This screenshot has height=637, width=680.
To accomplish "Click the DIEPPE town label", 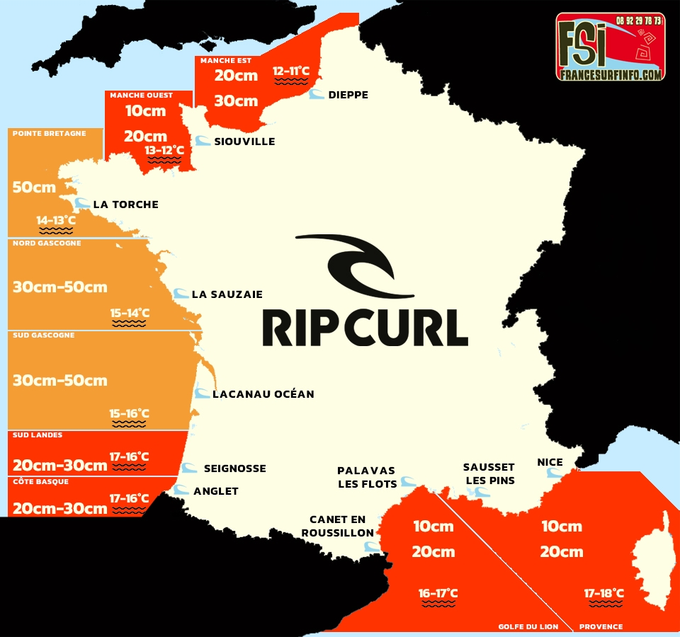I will (348, 95).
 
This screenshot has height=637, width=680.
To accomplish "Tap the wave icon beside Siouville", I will (203, 141).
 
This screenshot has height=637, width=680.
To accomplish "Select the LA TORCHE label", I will (125, 205).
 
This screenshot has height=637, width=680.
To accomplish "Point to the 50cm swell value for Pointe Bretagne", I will (34, 188).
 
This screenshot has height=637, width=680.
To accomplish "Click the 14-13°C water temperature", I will (56, 221).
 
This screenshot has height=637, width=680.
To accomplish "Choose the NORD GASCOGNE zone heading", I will (47, 243).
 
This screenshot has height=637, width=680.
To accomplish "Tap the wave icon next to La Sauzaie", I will (181, 294).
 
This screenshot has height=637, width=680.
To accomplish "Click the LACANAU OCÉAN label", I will (263, 394).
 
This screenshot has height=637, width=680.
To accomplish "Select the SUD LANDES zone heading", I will (38, 435).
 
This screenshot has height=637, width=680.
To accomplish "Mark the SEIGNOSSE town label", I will (234, 469).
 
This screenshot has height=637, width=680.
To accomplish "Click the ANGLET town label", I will (216, 491).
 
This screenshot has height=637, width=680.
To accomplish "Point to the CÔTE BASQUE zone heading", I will (40, 481).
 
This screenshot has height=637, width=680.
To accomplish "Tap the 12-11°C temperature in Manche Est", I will (291, 71).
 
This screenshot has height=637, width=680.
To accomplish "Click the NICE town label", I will (550, 462).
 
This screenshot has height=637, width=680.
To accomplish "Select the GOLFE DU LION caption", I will (528, 626).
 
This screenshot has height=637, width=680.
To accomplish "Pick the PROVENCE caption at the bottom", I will (601, 626).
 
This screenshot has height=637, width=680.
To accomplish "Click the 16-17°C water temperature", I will (438, 593).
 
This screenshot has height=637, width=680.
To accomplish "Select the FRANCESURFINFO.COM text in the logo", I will (610, 74).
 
